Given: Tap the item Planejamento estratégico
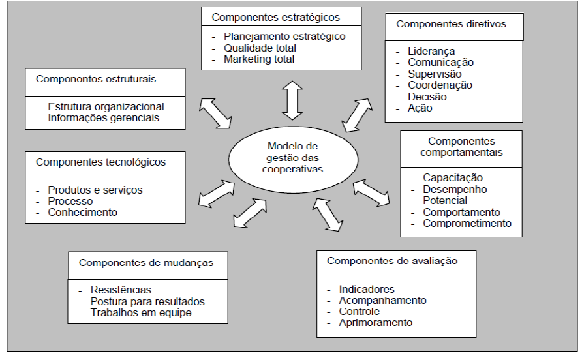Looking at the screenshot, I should tap(284, 37).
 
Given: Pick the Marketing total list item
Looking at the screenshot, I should tap(259, 59).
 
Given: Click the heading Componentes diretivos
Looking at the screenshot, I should tap(451, 24).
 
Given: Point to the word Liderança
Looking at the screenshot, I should tap(431, 51).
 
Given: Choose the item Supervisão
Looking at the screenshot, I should tap(435, 74).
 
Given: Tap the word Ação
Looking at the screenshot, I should tap(420, 108).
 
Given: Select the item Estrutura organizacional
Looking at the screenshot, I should tap(106, 106).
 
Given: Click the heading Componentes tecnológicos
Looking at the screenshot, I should tap(100, 162).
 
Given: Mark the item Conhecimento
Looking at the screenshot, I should tap(82, 212).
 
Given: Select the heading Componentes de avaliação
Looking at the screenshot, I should tap(392, 261).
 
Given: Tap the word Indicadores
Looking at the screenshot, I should tap(367, 289).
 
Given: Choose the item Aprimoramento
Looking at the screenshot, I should tap(376, 322).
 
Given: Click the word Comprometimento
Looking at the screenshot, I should tap(467, 224).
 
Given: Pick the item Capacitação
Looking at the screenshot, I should tap(453, 177).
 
